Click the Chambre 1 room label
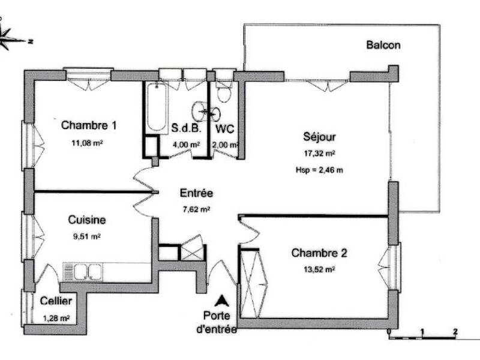[89, 126]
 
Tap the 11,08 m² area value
[88, 143]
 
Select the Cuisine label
[85, 220]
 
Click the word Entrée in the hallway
[196, 193]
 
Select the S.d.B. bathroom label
[185, 128]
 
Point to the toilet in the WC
[224, 94]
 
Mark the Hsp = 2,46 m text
[319, 170]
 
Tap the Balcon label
[383, 45]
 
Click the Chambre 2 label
[319, 253]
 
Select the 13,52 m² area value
[319, 269]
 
